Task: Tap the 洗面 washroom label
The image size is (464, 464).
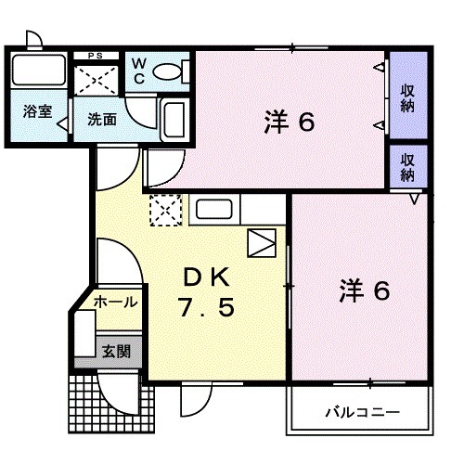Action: point(100,119)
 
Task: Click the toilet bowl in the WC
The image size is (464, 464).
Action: point(167,71)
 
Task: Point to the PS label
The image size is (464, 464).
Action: point(96,57)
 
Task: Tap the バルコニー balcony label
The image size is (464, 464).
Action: point(363,411)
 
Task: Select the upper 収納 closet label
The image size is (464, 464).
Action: point(407,97)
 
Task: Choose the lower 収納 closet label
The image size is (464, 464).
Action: point(407,166)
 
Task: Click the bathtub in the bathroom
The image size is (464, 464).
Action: point(39,71)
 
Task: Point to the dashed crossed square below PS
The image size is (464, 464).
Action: point(97,80)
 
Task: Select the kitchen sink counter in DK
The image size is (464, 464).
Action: point(215,212)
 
